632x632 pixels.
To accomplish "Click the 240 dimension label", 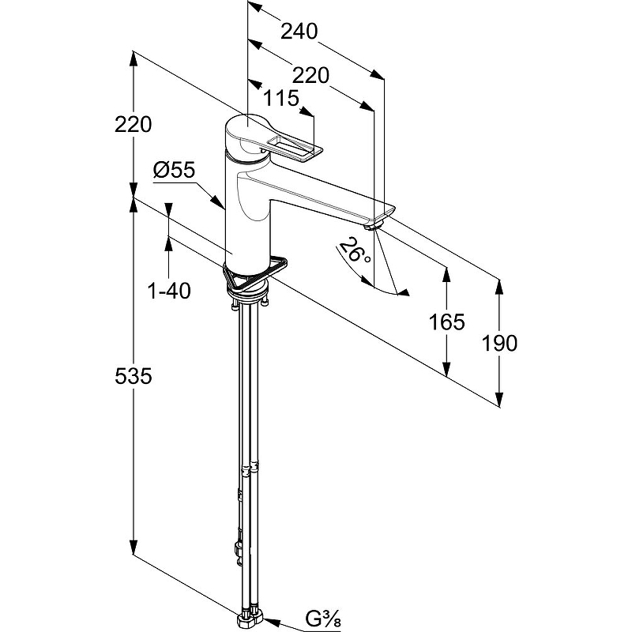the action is coord(299,32).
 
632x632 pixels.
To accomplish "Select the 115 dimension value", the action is coord(281,98).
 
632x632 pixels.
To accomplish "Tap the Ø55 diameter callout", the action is coord(174,170).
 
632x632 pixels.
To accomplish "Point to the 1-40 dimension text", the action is coord(170,291).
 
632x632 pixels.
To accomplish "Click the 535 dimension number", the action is coord(134,377).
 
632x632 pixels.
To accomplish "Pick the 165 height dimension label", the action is coord(446,322).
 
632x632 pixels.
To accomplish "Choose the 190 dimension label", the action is coord(499,344).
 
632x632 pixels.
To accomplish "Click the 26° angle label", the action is coord(354,250).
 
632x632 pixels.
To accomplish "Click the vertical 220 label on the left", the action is coord(134,124).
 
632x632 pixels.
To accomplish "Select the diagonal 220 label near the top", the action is coord(310,75).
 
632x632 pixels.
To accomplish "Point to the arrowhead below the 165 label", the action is coord(446,368).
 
